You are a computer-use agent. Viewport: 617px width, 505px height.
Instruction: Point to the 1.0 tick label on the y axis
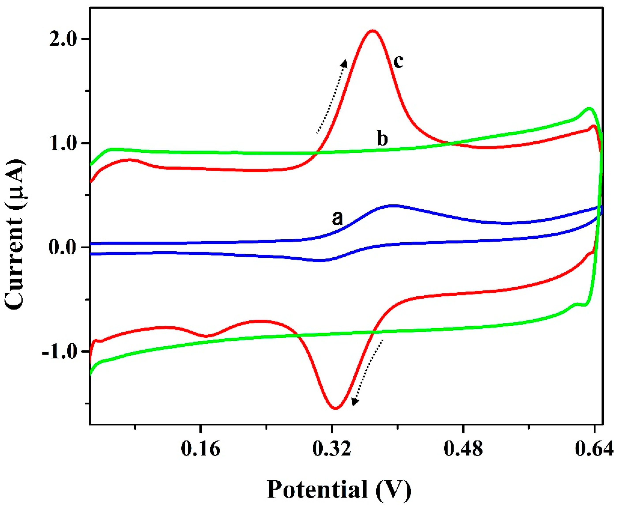click(x=64, y=143)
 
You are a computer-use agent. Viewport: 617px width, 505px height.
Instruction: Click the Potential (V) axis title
click(x=339, y=490)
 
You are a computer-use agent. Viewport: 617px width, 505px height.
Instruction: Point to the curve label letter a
click(x=337, y=218)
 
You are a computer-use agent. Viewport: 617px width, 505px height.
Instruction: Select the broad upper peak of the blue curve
click(x=392, y=206)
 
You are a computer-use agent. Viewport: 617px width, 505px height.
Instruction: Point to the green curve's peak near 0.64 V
click(x=589, y=108)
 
